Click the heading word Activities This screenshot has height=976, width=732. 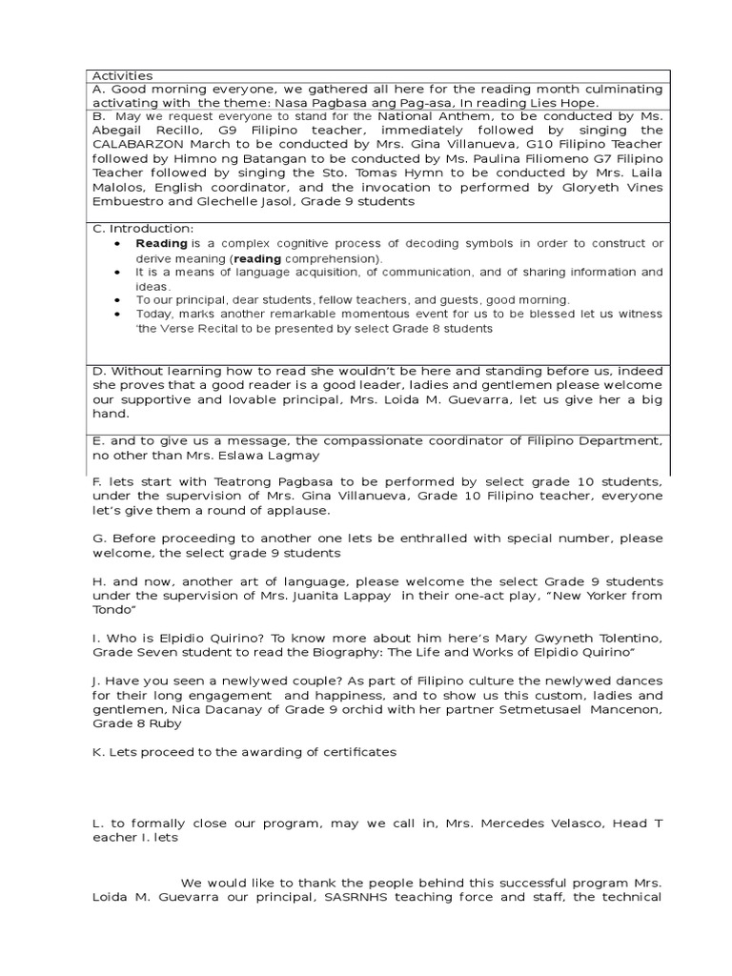[x=121, y=76]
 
